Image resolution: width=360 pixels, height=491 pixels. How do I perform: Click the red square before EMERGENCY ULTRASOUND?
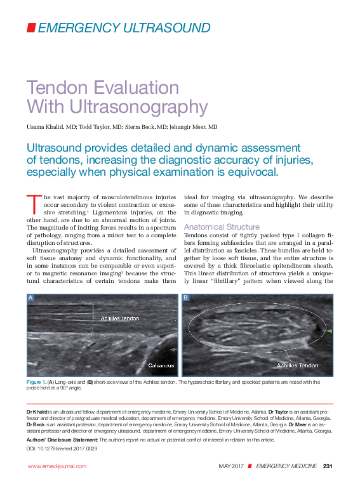click(x=31, y=27)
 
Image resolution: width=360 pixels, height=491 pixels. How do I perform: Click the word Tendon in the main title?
click(x=56, y=87)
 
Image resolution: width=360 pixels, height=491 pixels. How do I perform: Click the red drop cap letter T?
click(x=32, y=203)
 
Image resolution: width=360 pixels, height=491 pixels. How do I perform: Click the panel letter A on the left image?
click(x=30, y=298)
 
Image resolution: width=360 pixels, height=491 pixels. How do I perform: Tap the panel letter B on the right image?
click(x=185, y=298)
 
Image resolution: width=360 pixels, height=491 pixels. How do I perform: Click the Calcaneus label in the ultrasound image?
click(x=161, y=365)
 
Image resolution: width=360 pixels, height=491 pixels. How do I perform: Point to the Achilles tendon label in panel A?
click(x=119, y=318)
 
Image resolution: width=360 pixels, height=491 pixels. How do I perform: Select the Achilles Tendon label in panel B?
click(x=297, y=365)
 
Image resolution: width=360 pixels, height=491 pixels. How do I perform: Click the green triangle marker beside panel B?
click(x=329, y=331)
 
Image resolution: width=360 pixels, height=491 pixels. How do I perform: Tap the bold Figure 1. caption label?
click(x=36, y=382)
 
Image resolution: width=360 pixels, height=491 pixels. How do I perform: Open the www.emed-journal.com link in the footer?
click(x=57, y=466)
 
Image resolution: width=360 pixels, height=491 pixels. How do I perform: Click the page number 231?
click(x=328, y=466)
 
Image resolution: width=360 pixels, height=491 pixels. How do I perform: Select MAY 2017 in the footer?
click(x=231, y=466)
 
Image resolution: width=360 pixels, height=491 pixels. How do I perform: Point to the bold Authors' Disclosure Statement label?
click(x=62, y=439)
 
